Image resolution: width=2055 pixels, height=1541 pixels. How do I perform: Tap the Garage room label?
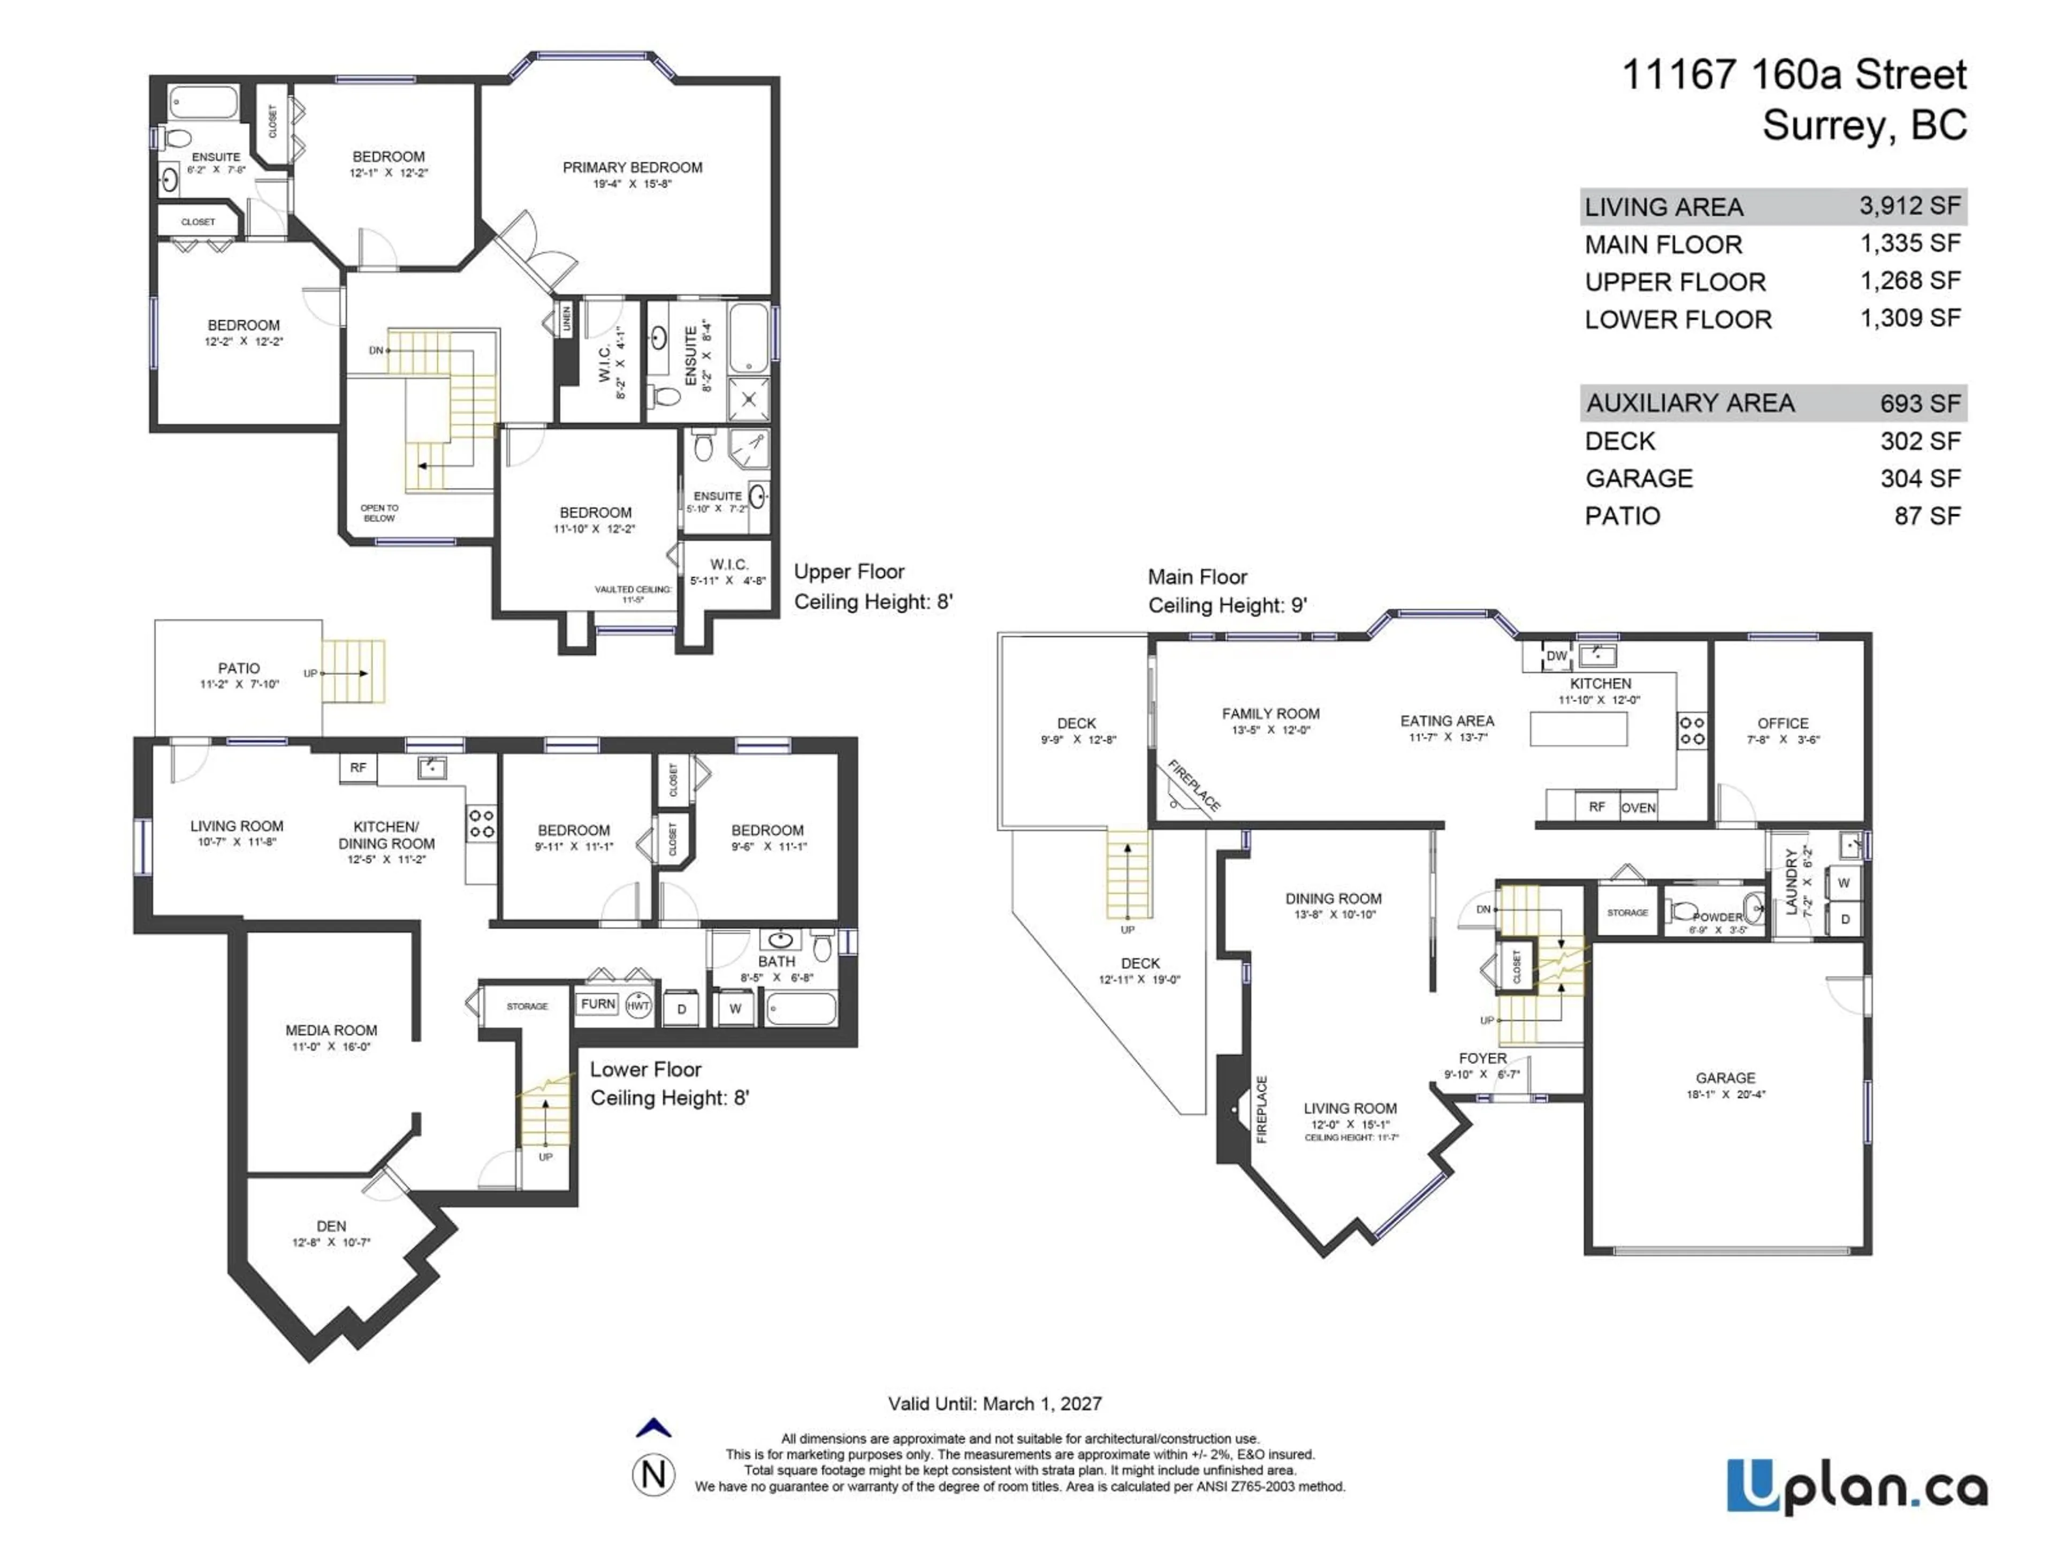click(x=1725, y=1078)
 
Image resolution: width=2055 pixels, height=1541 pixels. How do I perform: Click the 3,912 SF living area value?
click(x=1909, y=205)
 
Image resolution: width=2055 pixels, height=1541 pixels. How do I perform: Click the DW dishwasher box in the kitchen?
click(x=1556, y=656)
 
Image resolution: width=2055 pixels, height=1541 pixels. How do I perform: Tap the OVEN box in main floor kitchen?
click(x=1638, y=807)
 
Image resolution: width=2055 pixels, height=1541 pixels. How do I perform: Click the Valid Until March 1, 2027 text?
click(x=994, y=1403)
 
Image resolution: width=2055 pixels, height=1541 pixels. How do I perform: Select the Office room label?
click(x=1782, y=723)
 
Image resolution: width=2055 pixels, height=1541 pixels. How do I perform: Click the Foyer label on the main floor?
click(x=1483, y=1058)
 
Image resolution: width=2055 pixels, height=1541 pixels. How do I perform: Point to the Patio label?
click(x=239, y=668)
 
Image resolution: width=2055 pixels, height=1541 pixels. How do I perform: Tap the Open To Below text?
click(x=379, y=513)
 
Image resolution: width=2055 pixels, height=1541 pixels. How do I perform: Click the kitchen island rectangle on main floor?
click(x=1578, y=728)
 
